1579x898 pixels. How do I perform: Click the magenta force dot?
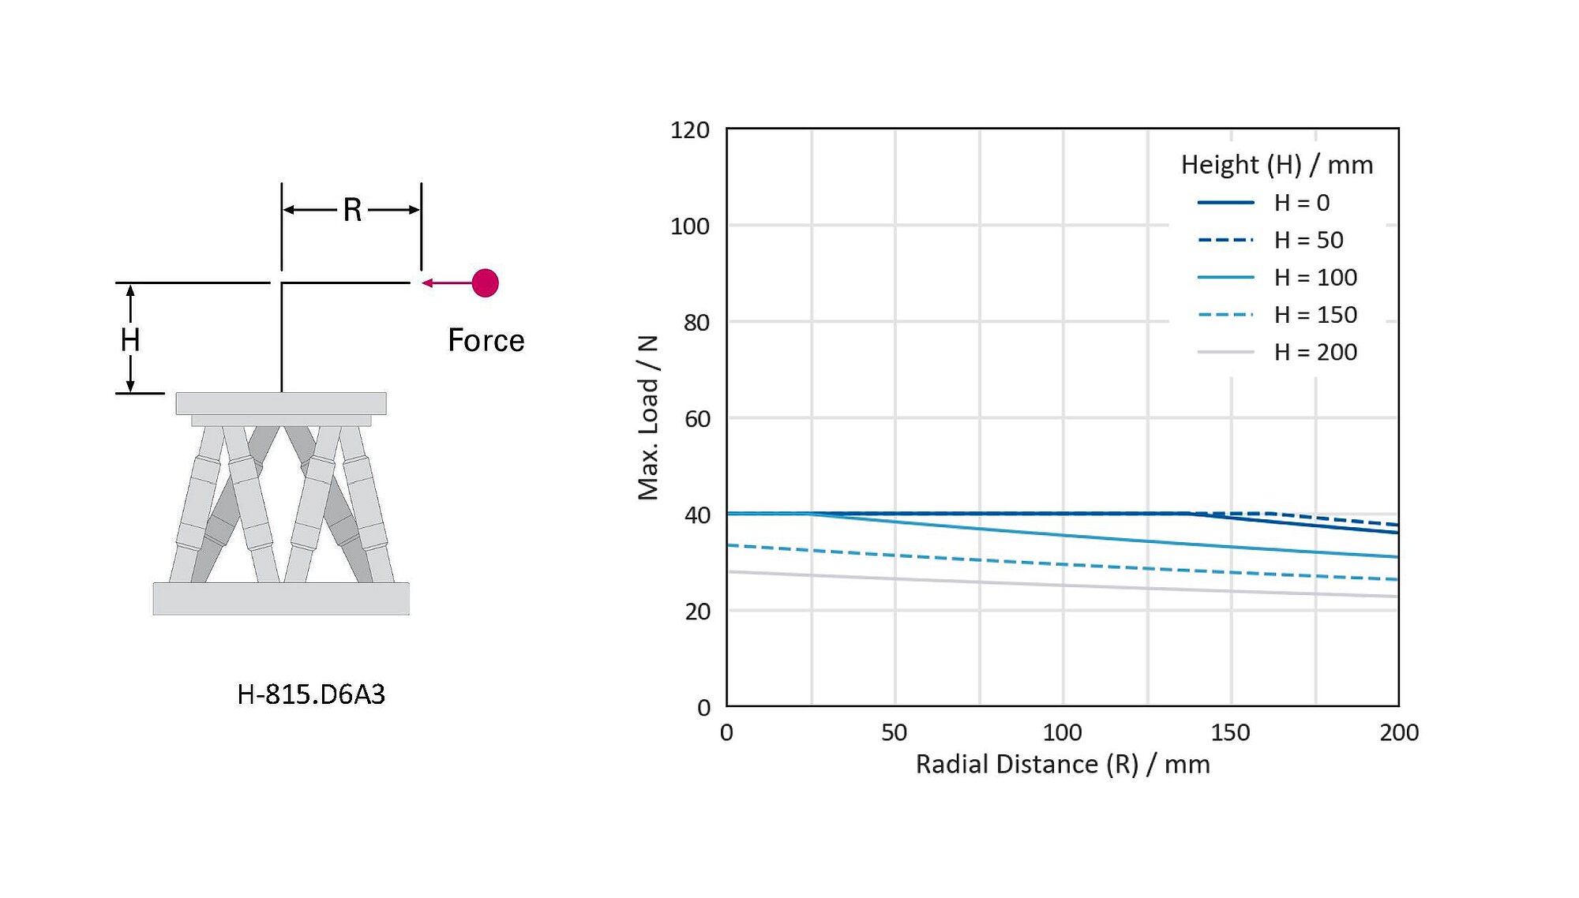tap(485, 282)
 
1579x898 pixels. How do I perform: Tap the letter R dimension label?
tap(352, 210)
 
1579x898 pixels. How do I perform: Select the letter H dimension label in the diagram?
tap(130, 340)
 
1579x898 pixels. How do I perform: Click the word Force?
tap(486, 340)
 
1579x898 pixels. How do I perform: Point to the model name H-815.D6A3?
tap(311, 694)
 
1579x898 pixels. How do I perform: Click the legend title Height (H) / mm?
tap(1277, 165)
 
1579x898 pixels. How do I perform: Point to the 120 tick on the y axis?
tap(689, 130)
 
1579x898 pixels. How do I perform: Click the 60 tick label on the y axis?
tap(697, 419)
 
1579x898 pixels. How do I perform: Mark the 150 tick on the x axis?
tap(1230, 732)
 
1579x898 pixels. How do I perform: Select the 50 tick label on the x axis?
tap(894, 732)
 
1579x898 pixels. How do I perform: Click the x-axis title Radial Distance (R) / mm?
tap(1062, 764)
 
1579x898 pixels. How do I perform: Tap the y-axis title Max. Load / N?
tap(648, 417)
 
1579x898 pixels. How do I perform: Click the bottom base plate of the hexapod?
tap(281, 598)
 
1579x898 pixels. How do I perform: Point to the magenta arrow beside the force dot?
tap(445, 282)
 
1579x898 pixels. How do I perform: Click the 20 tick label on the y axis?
tap(697, 612)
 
